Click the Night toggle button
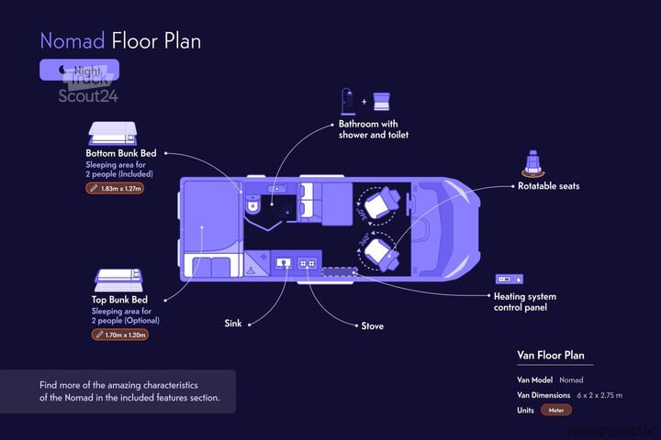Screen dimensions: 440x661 tap(79, 70)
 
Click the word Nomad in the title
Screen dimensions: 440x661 tap(72, 41)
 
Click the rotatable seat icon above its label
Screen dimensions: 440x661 tap(531, 163)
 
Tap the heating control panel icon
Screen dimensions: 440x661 tap(509, 278)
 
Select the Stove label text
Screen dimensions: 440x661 tap(372, 326)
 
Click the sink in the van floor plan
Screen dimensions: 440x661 tap(284, 263)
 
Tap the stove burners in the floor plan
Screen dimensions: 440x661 tap(308, 263)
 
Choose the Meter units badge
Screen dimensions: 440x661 tap(556, 410)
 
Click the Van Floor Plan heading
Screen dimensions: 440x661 tap(551, 356)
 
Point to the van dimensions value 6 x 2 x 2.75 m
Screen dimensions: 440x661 tap(587, 395)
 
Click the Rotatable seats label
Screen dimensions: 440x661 tap(548, 186)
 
